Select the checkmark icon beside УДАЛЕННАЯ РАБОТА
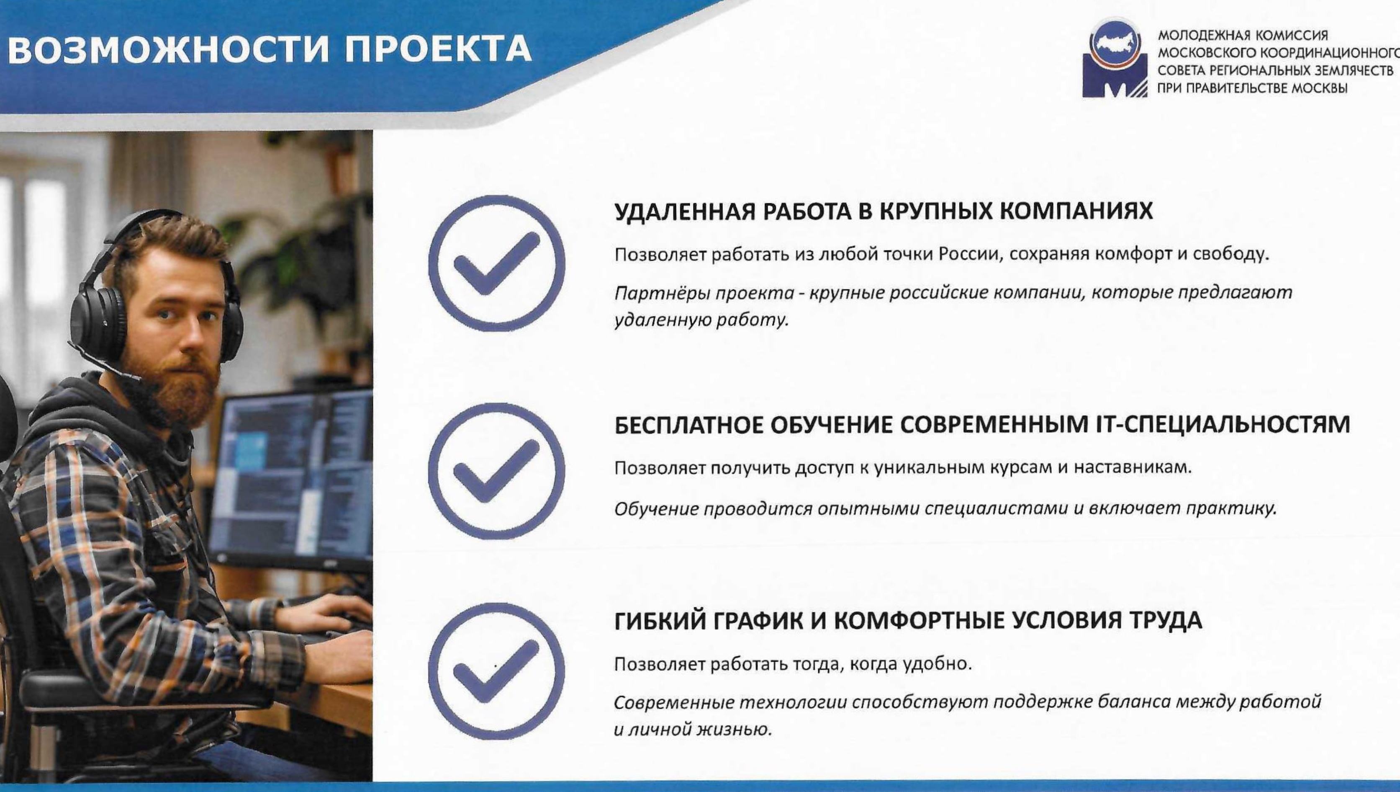pyautogui.click(x=496, y=263)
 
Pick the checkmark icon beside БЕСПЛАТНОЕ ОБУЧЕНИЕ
pyautogui.click(x=496, y=471)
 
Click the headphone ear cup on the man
pyautogui.click(x=99, y=321)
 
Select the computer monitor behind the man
pyautogui.click(x=291, y=479)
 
